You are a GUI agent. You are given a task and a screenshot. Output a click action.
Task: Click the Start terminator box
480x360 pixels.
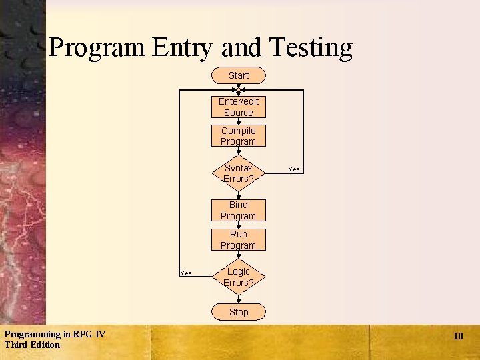pyautogui.click(x=238, y=75)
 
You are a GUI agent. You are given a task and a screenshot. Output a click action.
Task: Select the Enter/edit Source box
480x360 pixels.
pyautogui.click(x=238, y=107)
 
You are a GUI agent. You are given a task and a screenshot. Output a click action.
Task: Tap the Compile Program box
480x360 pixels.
pyautogui.click(x=238, y=136)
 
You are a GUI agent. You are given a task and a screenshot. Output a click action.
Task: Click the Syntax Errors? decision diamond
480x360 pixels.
pyautogui.click(x=238, y=173)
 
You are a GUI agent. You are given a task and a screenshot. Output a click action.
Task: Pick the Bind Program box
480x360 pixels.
pyautogui.click(x=238, y=210)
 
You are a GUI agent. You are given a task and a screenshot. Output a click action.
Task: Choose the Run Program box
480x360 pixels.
pyautogui.click(x=238, y=239)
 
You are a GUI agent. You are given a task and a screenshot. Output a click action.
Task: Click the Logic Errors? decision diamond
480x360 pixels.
pyautogui.click(x=238, y=277)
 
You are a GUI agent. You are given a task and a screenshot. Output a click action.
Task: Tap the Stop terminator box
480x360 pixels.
pyautogui.click(x=238, y=312)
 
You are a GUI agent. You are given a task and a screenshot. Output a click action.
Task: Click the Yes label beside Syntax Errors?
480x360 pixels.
pyautogui.click(x=294, y=169)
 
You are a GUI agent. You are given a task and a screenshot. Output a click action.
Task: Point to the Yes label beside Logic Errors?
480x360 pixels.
pyautogui.click(x=186, y=273)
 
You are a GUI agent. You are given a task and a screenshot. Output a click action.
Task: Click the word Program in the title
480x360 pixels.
pyautogui.click(x=97, y=48)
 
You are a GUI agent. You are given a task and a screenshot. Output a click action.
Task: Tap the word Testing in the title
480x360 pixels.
pyautogui.click(x=310, y=48)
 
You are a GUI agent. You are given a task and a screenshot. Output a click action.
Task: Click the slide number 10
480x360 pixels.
pyautogui.click(x=458, y=336)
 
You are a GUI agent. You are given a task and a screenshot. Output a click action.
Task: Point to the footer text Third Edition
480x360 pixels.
pyautogui.click(x=32, y=345)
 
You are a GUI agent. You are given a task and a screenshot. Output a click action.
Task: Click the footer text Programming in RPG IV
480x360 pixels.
pyautogui.click(x=54, y=334)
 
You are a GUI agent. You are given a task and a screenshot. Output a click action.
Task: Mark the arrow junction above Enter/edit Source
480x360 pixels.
pyautogui.click(x=238, y=89)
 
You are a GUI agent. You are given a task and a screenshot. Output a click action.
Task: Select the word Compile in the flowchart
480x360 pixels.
pyautogui.click(x=238, y=131)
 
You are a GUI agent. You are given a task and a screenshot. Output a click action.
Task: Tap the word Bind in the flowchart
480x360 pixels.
pyautogui.click(x=238, y=205)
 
